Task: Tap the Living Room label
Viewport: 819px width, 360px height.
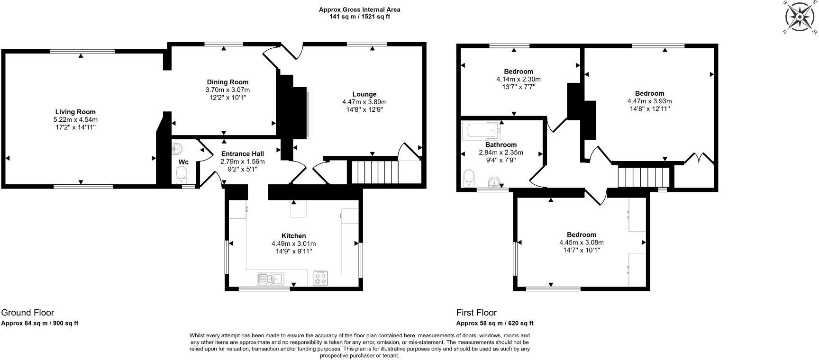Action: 75,112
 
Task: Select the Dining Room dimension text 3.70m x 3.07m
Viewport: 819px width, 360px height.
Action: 227,90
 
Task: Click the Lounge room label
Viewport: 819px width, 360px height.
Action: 364,94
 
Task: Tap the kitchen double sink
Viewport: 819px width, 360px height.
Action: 270,279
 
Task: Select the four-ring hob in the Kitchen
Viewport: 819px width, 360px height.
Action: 320,279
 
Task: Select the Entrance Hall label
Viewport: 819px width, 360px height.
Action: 242,154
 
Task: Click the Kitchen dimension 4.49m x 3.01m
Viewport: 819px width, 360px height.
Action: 293,243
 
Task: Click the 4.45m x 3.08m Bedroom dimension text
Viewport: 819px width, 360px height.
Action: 581,243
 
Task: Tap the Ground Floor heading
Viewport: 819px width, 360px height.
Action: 27,313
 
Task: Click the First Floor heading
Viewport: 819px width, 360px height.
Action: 476,313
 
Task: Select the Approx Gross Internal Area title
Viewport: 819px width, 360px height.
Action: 359,9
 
